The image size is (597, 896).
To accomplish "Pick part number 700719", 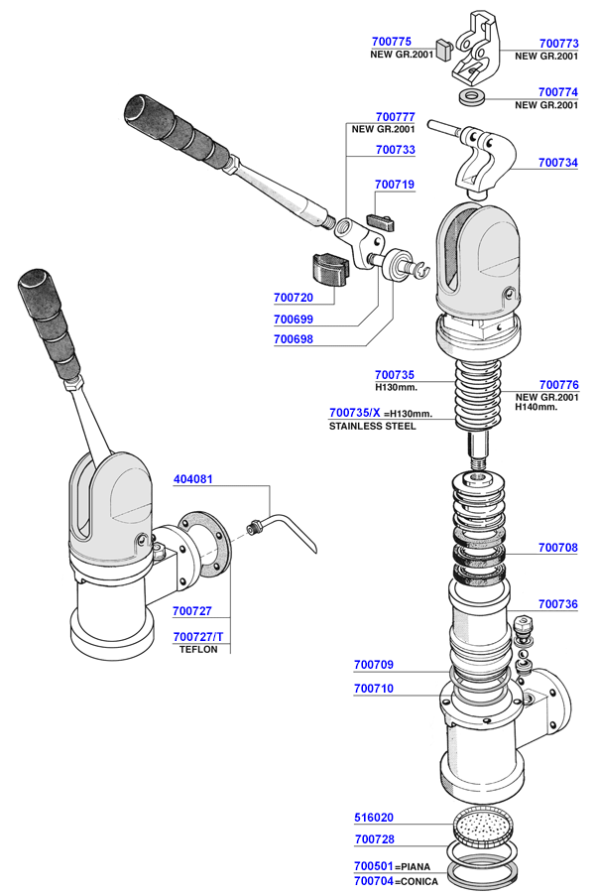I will pos(395,185).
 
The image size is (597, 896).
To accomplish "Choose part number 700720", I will pos(293,297).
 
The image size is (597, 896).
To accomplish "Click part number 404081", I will pos(193,478).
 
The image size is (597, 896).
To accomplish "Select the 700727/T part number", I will pos(199,637).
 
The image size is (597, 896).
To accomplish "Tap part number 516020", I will pos(374,819).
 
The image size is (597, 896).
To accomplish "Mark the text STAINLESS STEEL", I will pos(372,426).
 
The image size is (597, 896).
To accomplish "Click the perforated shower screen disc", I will pos(485,826).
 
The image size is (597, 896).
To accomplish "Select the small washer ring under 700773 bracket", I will pos(474,97).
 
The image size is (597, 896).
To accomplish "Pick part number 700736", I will pos(559,603).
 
